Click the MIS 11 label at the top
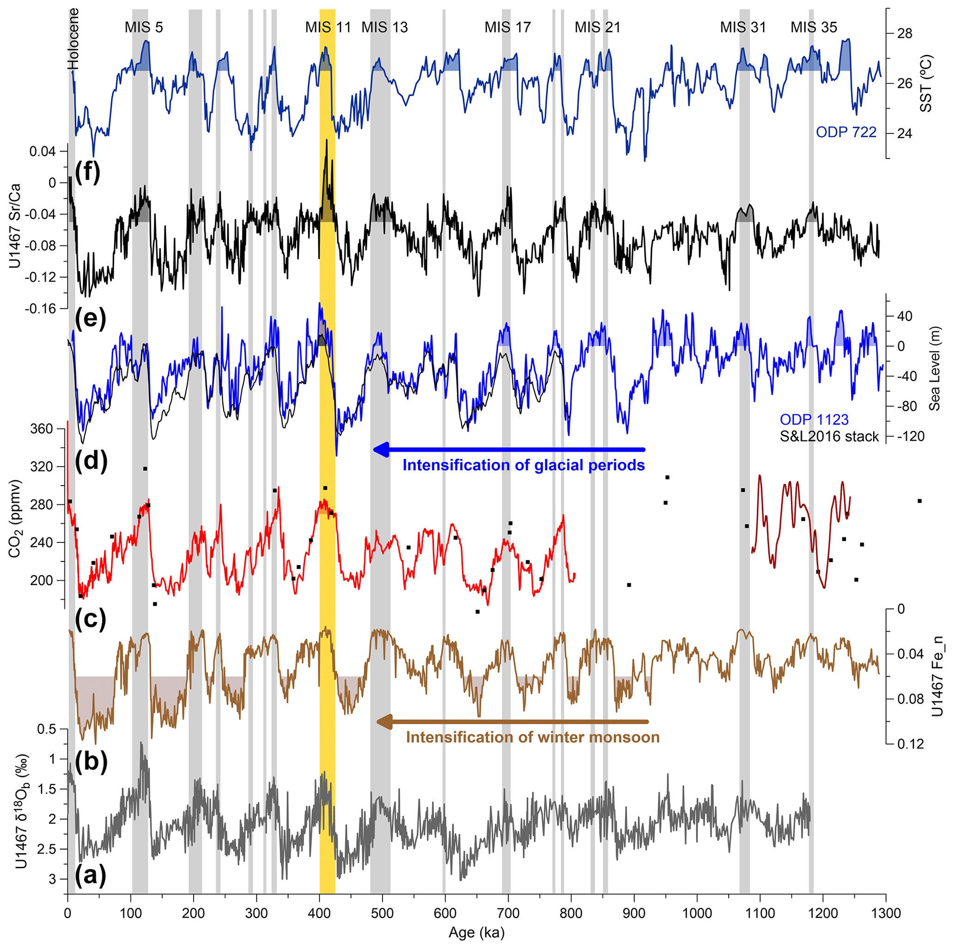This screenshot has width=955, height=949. point(328,27)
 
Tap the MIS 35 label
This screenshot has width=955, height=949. point(814,27)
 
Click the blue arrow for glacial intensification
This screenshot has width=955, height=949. point(509,449)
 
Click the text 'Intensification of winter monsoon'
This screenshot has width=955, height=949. point(532,737)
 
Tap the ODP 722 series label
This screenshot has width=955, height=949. point(846,132)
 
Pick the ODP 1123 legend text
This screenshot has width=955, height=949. point(814,420)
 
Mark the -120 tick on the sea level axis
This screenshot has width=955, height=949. point(910,436)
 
